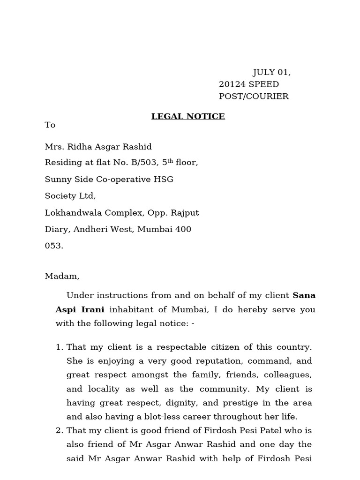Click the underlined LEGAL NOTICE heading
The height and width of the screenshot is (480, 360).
188,116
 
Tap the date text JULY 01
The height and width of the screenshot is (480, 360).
271,72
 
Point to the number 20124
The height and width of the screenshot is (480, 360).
232,84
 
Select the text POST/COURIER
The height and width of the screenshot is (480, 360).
254,97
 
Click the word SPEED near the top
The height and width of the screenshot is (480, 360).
264,84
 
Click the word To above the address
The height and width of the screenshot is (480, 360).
50,125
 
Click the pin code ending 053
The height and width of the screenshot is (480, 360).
53,246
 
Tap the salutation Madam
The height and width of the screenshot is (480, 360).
62,276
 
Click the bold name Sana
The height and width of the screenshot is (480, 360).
304,295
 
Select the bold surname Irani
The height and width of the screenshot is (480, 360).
94,309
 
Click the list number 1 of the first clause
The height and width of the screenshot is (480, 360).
59,347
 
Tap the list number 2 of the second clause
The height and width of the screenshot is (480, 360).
59,430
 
